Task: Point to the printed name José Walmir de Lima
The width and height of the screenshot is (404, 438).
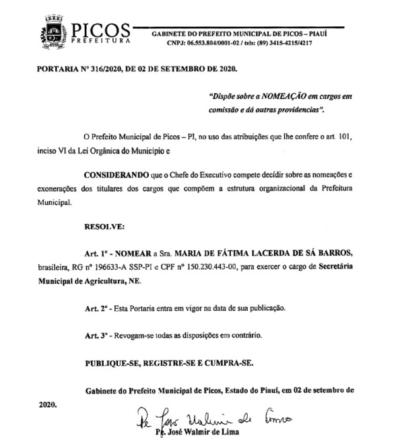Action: pos(201,433)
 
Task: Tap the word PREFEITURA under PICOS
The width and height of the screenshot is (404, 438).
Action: pos(100,42)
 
